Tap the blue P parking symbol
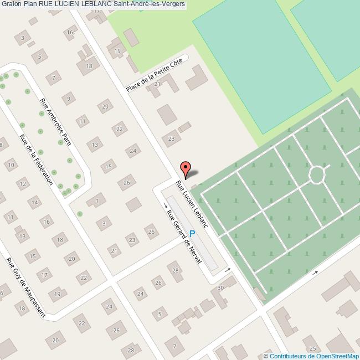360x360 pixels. click(x=192, y=234)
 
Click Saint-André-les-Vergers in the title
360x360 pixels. click(x=151, y=5)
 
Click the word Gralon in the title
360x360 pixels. click(x=12, y=5)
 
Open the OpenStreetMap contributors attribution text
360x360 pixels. click(x=311, y=356)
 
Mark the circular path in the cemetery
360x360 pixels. click(x=317, y=174)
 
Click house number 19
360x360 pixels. click(x=117, y=51)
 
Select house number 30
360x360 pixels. click(x=220, y=287)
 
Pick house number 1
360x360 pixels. click(x=97, y=200)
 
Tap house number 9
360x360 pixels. click(x=69, y=99)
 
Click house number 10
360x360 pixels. click(x=11, y=164)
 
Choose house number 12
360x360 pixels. click(x=23, y=184)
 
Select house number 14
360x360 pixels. click(x=35, y=203)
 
